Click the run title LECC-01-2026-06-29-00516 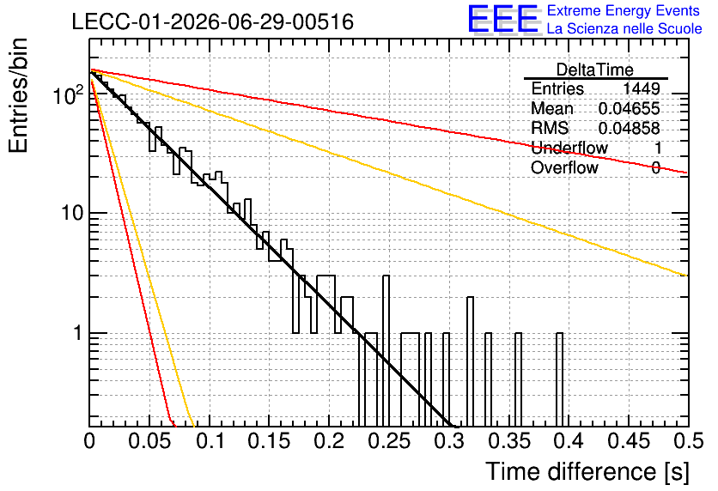point(213,21)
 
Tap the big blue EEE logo point(503,19)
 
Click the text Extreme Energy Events point(624,10)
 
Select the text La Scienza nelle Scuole point(624,29)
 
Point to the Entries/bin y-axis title point(19,95)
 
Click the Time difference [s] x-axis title point(587,472)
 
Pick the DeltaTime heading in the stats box point(595,70)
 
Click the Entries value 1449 point(641,88)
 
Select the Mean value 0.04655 point(630,108)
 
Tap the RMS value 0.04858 point(630,128)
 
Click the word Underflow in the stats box point(569,148)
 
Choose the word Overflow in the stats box point(564,167)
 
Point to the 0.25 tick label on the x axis point(390,441)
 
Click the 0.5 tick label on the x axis point(689,441)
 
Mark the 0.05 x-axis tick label point(149,441)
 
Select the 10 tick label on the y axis point(73,213)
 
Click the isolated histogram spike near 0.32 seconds point(470,361)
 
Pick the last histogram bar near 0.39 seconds point(560,379)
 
